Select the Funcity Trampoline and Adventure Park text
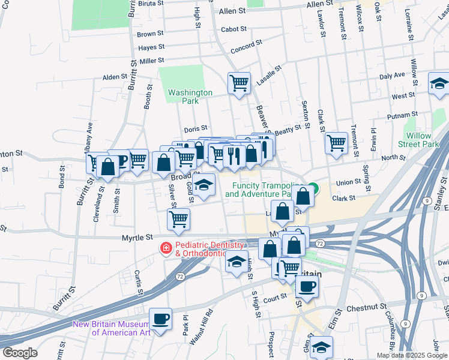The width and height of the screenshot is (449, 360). [x=262, y=190]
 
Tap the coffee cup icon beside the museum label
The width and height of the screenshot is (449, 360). [x=160, y=319]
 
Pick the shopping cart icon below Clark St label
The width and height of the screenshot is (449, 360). [x=336, y=142]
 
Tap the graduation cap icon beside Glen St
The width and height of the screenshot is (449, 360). [x=322, y=347]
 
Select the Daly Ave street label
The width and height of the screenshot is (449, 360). [x=392, y=76]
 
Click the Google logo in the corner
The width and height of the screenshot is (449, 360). [x=20, y=352]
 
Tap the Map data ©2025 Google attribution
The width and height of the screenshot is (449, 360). [x=412, y=355]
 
